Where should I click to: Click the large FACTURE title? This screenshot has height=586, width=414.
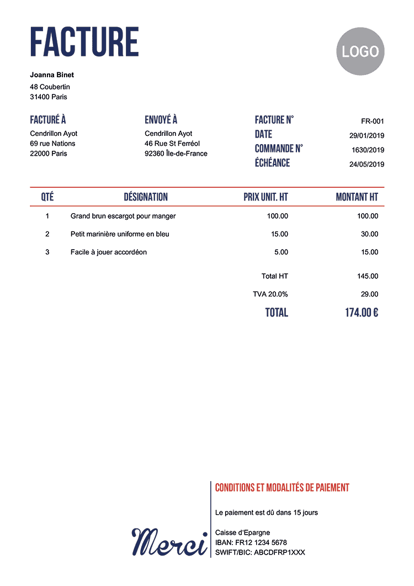(x=84, y=42)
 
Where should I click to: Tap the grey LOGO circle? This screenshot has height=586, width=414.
(x=360, y=51)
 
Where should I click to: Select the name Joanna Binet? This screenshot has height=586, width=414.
(x=52, y=75)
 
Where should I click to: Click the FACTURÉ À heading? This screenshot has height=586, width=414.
(x=48, y=120)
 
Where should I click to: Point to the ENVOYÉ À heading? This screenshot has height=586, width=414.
(x=161, y=120)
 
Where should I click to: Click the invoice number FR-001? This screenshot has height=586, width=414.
(x=373, y=122)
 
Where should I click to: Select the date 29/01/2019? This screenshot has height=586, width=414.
(x=367, y=136)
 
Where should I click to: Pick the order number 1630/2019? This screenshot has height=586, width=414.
(x=368, y=150)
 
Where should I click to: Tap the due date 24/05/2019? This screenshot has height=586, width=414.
(x=367, y=164)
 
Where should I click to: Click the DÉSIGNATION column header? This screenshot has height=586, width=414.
(x=146, y=197)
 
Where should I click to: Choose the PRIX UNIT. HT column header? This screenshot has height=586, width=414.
(x=266, y=197)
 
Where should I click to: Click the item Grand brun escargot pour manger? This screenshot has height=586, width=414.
(x=123, y=216)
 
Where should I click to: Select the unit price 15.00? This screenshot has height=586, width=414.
(x=279, y=234)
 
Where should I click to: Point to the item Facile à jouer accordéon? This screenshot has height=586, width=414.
(x=109, y=252)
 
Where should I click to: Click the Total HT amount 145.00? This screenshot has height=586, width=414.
(x=368, y=276)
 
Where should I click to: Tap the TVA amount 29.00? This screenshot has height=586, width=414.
(x=369, y=294)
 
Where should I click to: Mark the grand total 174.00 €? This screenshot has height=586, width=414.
(x=362, y=313)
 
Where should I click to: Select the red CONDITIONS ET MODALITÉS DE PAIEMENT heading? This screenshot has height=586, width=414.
(x=282, y=488)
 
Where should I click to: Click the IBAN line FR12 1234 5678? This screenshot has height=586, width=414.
(x=251, y=542)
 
